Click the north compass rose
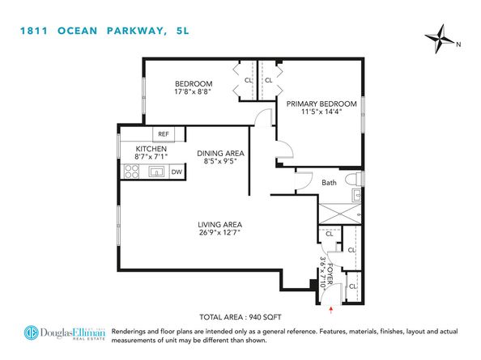[441, 36]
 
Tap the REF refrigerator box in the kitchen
[164, 134]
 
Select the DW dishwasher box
[176, 172]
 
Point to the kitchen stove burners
[131, 172]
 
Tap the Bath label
[329, 183]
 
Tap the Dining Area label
[221, 152]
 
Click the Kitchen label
[151, 150]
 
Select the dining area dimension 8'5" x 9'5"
[221, 161]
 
